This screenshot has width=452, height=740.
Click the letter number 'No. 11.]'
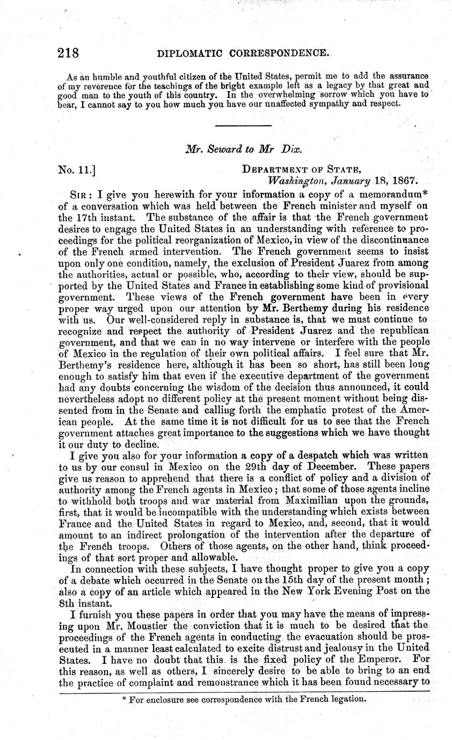tap(77, 171)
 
